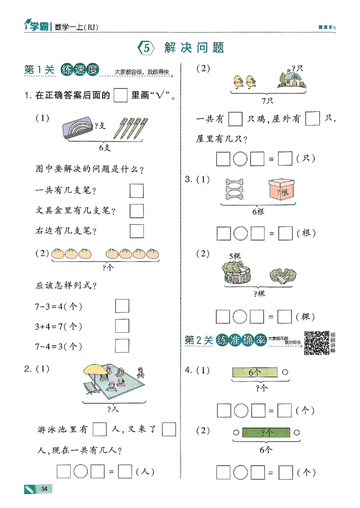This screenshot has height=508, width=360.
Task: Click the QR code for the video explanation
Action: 316,343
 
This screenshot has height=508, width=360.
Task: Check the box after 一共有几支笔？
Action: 137,191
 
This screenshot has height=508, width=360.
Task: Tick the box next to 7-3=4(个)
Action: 122,306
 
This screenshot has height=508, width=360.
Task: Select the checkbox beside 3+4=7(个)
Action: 122,326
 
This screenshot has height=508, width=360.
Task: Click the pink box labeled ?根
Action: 281,189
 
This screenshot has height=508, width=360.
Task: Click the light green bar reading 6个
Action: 255,372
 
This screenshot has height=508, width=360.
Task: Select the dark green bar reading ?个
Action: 266,433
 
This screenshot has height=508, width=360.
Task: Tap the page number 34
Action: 44,489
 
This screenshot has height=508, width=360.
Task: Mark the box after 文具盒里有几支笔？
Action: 137,210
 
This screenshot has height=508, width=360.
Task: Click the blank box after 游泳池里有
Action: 100,430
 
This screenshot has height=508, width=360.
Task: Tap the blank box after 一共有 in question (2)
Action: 235,119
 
